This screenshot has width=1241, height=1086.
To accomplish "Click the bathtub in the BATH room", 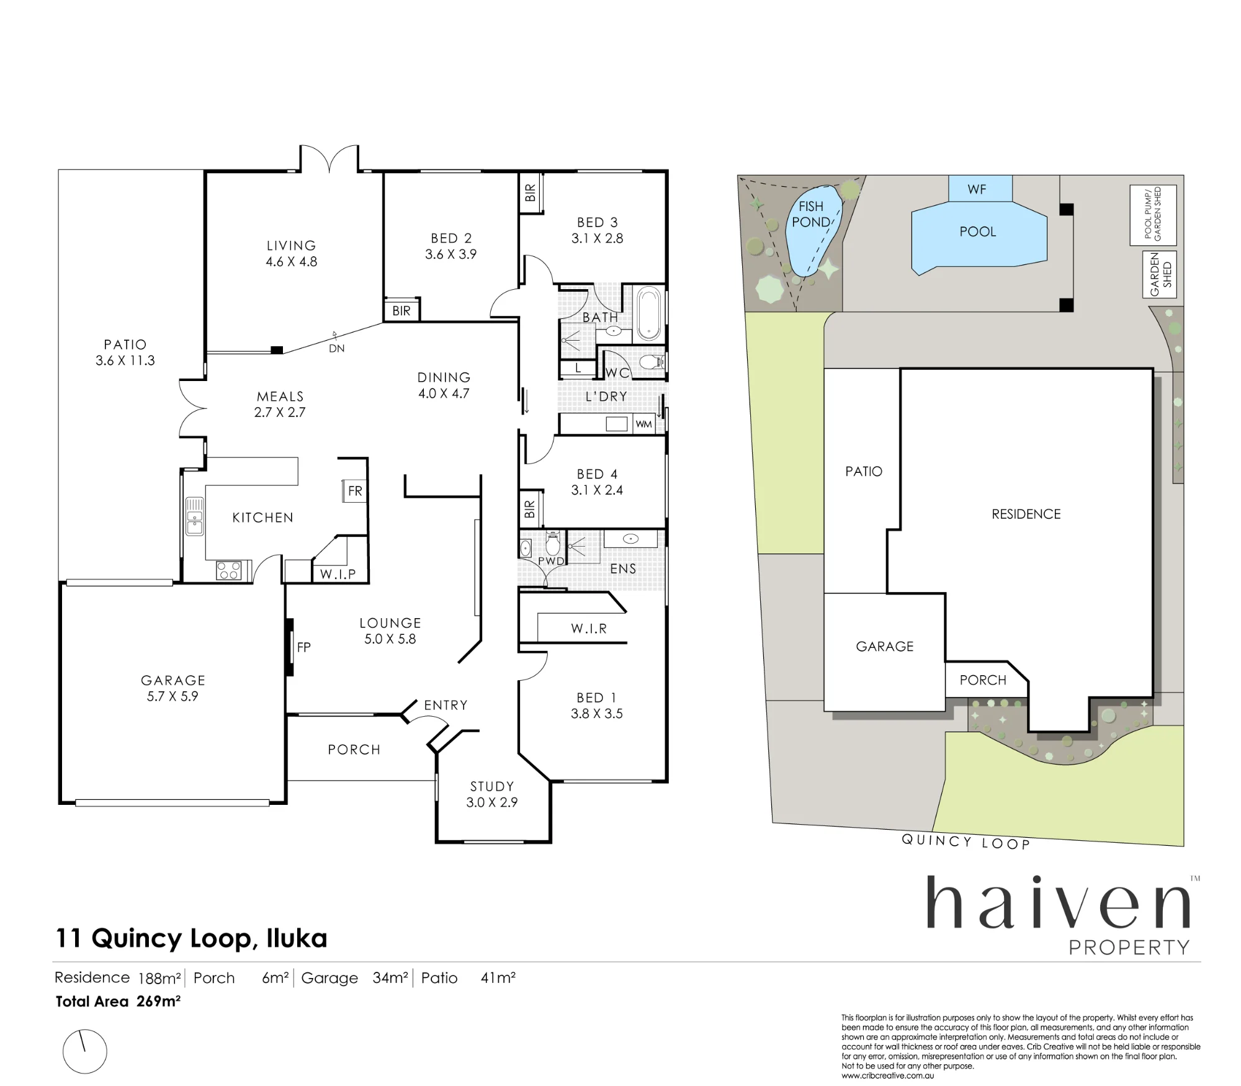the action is pos(649,313).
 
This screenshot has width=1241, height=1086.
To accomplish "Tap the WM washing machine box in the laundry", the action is pos(643,424).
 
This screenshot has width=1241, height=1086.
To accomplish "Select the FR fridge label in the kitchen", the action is pos(355,491).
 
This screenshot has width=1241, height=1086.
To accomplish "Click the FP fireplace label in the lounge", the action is pos(303,647).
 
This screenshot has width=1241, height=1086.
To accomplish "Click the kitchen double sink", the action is pos(195,516).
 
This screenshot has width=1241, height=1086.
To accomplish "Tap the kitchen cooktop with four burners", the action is pos(229,570).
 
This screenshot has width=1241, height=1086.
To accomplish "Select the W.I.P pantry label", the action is pos(338,574).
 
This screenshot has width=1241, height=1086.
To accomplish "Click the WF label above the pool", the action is pos(977,189).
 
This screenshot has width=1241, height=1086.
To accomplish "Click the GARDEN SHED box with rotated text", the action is pos(1160,274).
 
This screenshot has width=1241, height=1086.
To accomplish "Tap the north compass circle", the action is pos(85,1051).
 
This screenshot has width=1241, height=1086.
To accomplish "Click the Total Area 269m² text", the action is pos(118,1001).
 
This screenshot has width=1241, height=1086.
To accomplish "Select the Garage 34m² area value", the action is pos(390,977).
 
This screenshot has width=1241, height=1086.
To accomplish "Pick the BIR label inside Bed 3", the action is pos(530,193).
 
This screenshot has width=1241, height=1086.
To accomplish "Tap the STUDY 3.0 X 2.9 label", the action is pos(492,794).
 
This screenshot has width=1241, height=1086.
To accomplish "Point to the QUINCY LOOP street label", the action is pos(965,841).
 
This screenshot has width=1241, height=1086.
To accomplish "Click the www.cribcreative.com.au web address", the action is pos(887,1075).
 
